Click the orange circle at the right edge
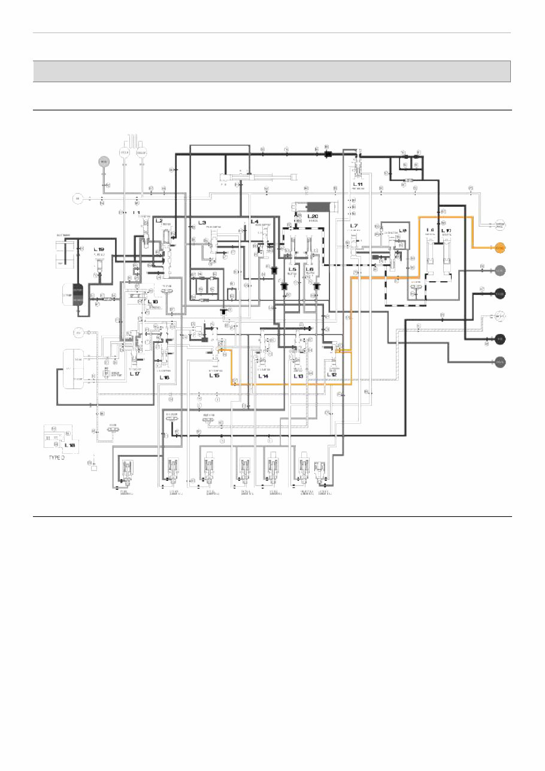coord(499,248)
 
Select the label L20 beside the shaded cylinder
coord(313,216)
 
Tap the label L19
coord(99,249)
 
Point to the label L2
coord(159,221)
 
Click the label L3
coord(202,222)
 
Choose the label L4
coord(255,222)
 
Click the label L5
coord(292,270)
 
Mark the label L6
coord(310,270)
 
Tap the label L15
coord(214,376)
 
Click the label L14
coord(264,376)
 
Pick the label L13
coord(298,376)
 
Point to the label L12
coord(331,375)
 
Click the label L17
coord(134,374)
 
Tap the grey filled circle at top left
coord(103,162)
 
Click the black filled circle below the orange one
coord(499,293)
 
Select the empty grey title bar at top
coord(271,71)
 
